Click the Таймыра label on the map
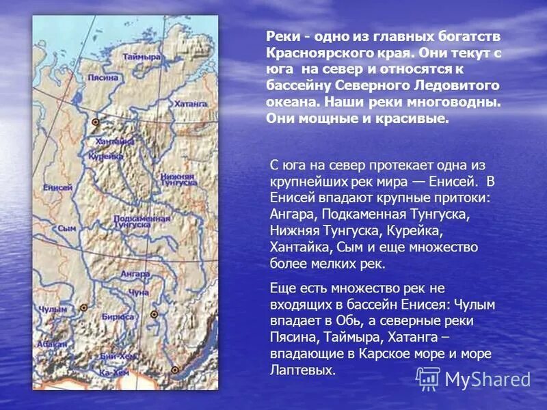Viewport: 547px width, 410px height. pyautogui.click(x=142, y=57)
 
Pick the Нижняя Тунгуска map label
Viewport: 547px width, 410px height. pyautogui.click(x=178, y=180)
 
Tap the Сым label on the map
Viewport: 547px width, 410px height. pyautogui.click(x=66, y=228)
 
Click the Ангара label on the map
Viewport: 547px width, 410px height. pyautogui.click(x=135, y=273)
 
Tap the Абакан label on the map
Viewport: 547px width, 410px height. pyautogui.click(x=46, y=346)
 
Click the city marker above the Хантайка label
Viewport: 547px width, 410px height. pyautogui.click(x=95, y=122)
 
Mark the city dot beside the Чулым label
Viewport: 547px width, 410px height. pyautogui.click(x=83, y=307)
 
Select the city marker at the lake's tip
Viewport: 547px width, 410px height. pyautogui.click(x=175, y=370)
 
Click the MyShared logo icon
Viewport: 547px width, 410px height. pyautogui.click(x=428, y=379)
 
